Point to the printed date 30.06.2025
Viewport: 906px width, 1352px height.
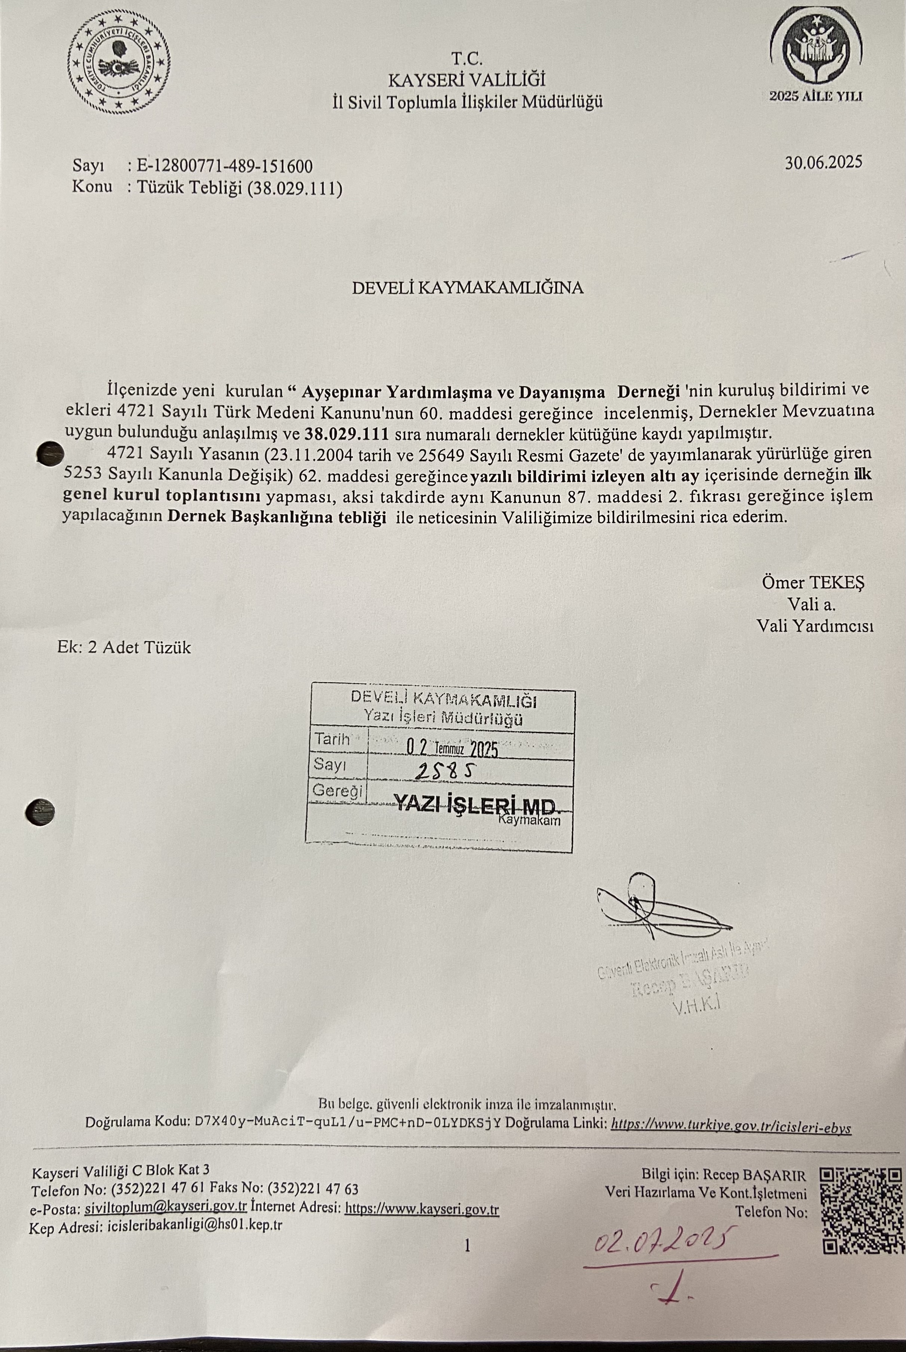[x=823, y=162]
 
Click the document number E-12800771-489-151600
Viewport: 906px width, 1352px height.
[x=224, y=166]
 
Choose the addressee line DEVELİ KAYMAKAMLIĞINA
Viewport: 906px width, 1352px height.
[x=467, y=288]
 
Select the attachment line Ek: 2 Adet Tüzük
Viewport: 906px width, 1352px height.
[x=124, y=647]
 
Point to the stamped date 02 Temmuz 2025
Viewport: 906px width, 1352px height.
[x=451, y=749]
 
